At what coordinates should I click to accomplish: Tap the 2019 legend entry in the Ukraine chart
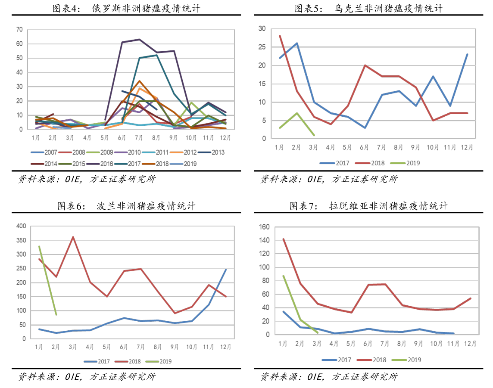(407, 163)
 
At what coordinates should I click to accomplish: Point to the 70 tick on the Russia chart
(19, 30)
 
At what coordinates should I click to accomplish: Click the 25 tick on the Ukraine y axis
(262, 47)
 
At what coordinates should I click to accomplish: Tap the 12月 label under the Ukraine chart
(467, 147)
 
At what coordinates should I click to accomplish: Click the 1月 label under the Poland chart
(39, 346)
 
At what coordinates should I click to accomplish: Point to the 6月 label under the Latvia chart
(368, 344)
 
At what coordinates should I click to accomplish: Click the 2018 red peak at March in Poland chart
(73, 236)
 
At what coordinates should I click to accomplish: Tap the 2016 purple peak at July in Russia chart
(139, 40)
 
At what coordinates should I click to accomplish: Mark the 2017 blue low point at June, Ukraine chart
(365, 128)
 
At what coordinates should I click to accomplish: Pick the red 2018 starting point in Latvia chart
(283, 239)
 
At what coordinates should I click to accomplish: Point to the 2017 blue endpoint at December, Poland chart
(226, 270)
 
